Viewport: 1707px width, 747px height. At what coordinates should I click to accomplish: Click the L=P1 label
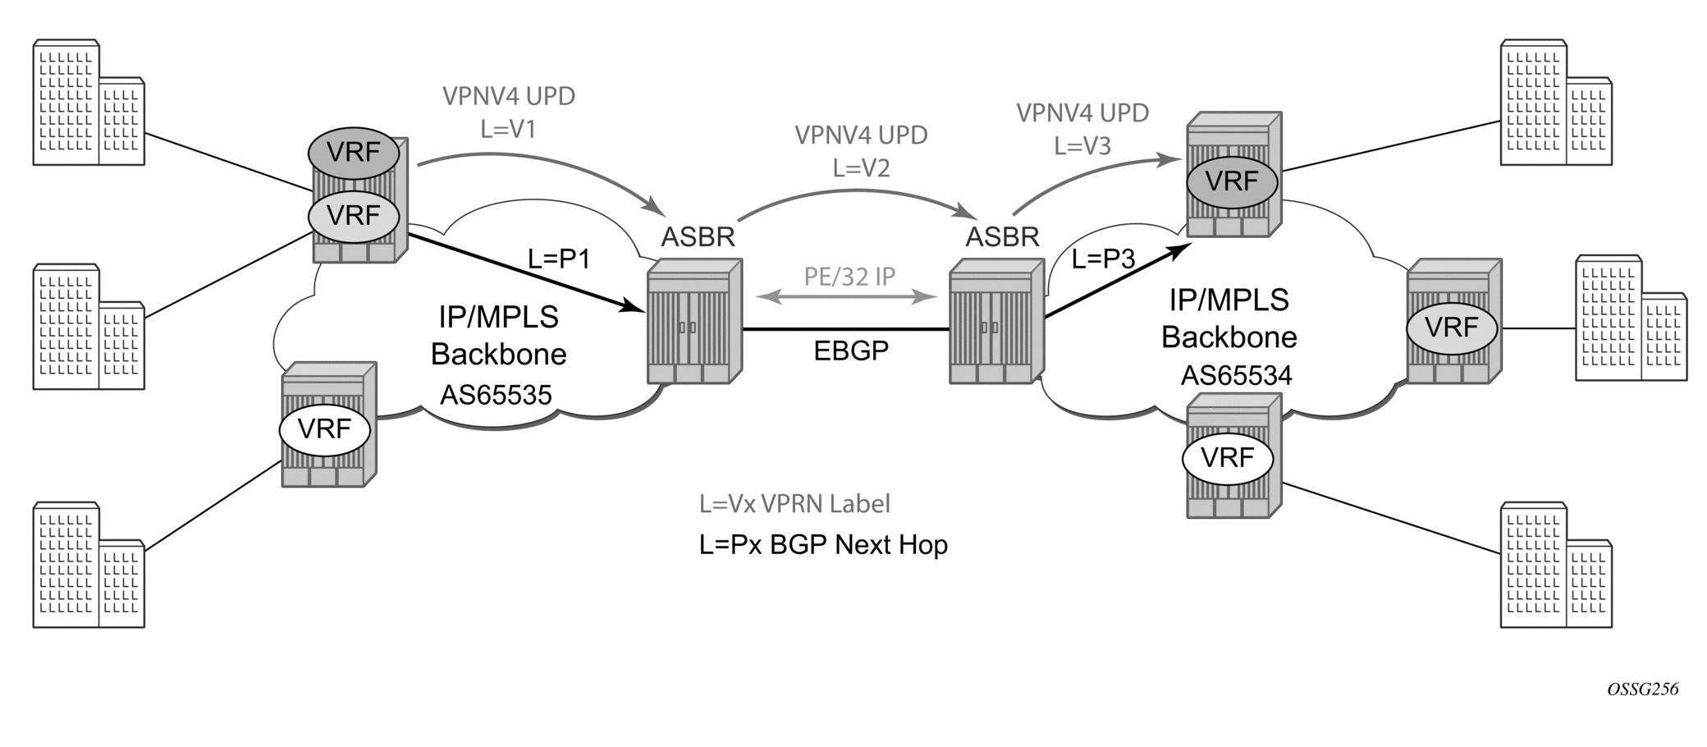559,259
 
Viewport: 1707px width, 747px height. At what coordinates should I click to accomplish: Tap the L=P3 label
1103,259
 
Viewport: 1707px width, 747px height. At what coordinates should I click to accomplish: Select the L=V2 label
861,168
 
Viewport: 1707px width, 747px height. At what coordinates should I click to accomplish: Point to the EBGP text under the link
851,351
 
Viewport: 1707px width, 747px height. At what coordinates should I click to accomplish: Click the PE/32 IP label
849,277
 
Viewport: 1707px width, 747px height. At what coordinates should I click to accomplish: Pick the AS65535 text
496,395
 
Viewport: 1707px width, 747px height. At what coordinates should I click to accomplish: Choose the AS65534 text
1236,376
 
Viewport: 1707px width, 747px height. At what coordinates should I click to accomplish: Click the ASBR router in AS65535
694,321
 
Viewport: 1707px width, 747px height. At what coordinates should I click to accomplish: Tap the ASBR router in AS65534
997,321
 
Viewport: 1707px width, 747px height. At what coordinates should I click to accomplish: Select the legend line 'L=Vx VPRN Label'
794,503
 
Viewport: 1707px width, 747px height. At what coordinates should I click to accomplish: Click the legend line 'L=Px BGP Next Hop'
823,544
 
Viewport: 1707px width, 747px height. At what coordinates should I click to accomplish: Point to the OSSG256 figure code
1642,690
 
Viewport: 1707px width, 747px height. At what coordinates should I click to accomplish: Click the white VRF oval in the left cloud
325,428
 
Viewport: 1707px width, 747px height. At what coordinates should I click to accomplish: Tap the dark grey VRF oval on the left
354,153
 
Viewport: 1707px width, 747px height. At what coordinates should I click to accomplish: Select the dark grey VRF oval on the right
1232,182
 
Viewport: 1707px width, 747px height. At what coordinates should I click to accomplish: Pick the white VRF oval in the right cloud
1228,458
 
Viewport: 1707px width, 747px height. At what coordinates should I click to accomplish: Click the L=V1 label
508,130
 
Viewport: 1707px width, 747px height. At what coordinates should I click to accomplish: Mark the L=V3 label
1082,146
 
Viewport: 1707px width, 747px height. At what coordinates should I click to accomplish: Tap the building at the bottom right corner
1556,566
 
